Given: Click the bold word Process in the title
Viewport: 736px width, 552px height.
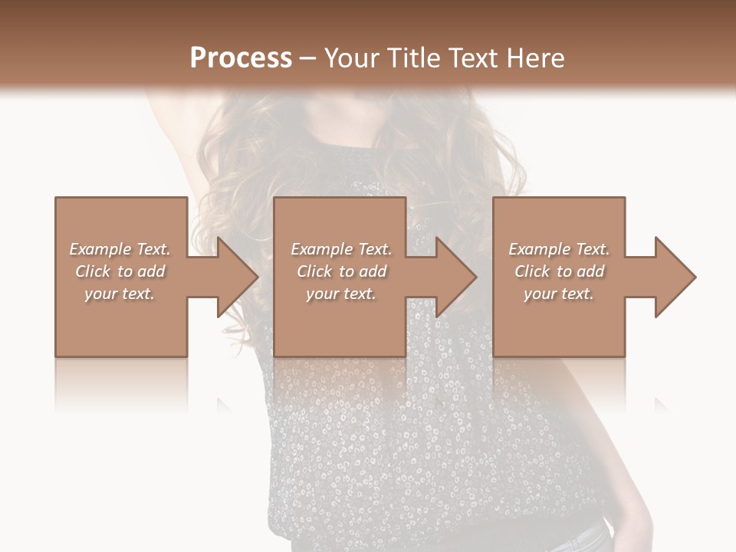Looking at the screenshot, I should (241, 58).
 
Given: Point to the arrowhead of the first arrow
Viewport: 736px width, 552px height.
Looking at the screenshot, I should (238, 277).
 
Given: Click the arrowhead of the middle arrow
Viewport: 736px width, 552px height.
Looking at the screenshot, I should (457, 277).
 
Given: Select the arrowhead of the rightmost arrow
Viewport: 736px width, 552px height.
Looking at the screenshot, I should (675, 277).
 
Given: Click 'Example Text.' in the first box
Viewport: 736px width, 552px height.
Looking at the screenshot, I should (120, 249).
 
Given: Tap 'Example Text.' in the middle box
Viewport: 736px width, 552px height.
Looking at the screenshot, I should (340, 249).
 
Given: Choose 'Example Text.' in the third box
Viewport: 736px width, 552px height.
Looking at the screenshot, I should (558, 249).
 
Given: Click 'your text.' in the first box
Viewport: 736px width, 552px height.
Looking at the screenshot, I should (120, 294).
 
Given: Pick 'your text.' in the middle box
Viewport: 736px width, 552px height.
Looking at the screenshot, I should (340, 294).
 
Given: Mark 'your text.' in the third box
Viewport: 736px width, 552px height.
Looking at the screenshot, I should (558, 294).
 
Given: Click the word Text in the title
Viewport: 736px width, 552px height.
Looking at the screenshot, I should (471, 58).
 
